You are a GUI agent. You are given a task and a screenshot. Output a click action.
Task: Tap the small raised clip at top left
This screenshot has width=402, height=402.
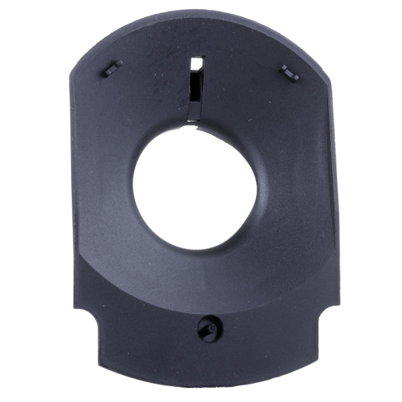[113, 67]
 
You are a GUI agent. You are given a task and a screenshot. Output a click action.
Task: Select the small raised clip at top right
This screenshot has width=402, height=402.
[289, 72]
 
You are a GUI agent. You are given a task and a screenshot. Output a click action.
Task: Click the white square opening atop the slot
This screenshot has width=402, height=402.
[196, 63]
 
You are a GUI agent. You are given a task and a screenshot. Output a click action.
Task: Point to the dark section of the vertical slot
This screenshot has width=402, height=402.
[194, 94]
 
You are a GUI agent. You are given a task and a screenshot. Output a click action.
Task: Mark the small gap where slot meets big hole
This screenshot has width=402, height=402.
[192, 121]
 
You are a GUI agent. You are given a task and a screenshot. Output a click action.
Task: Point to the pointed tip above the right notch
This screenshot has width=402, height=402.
[337, 305]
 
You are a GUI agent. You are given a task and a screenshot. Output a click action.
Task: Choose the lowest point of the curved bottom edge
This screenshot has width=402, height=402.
[208, 387]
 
